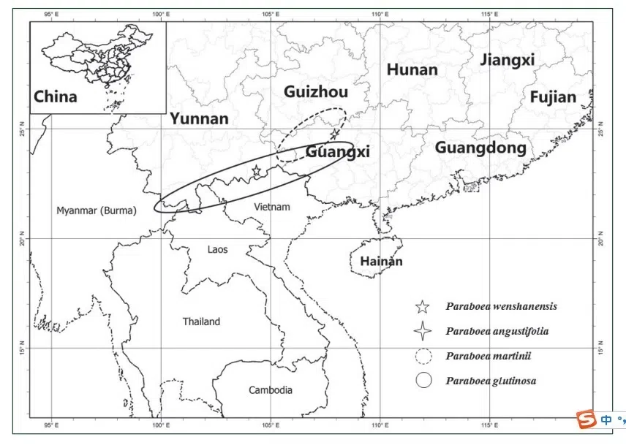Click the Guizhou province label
click(316, 92)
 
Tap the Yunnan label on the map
click(199, 119)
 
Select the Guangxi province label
click(338, 152)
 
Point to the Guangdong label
click(480, 148)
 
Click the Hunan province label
click(412, 70)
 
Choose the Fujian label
click(553, 97)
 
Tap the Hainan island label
click(381, 261)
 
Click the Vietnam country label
click(272, 207)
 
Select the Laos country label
click(217, 249)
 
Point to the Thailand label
click(201, 322)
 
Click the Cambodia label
click(271, 389)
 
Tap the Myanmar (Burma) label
click(96, 210)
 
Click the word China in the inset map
click(56, 96)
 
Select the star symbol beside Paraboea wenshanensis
click(422, 307)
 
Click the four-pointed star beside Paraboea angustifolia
click(422, 331)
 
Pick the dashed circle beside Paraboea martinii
click(422, 356)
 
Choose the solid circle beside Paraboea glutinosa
click(422, 380)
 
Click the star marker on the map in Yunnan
click(256, 171)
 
